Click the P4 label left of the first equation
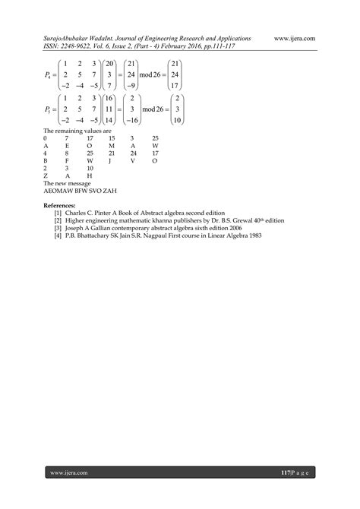point(49,76)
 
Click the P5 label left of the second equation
point(49,110)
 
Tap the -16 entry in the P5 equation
point(153,121)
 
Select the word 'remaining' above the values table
point(68,131)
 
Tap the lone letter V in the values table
point(133,161)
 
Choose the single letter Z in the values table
point(46,175)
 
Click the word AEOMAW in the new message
point(58,191)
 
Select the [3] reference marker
point(58,227)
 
